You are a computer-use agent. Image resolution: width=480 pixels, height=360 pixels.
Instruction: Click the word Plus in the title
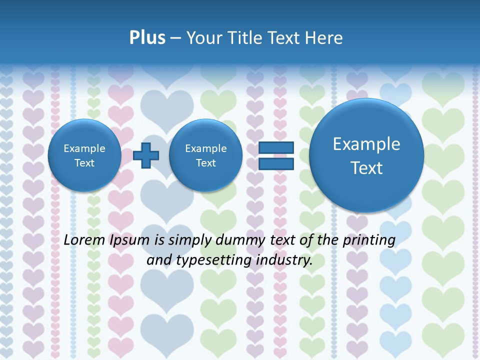pyautogui.click(x=147, y=37)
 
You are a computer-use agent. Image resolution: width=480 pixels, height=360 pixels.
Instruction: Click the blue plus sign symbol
pyautogui.click(x=146, y=155)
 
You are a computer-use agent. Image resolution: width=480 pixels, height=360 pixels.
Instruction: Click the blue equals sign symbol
pyautogui.click(x=276, y=155)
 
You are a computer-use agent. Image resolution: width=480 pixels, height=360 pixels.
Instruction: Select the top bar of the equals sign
pyautogui.click(x=276, y=148)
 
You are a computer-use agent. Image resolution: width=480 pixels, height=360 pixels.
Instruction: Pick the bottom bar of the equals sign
pyautogui.click(x=276, y=163)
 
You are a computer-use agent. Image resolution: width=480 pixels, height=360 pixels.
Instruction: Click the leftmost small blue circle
pyautogui.click(x=84, y=155)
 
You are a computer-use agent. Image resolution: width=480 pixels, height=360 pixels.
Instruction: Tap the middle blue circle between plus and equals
pyautogui.click(x=205, y=155)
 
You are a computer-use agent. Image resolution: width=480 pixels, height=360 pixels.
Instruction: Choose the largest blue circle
pyautogui.click(x=366, y=155)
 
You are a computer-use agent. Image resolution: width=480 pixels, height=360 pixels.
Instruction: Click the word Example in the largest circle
pyautogui.click(x=366, y=144)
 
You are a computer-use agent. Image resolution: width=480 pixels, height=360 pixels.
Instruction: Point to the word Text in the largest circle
pyautogui.click(x=366, y=168)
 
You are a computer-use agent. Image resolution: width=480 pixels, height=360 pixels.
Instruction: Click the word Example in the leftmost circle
pyautogui.click(x=84, y=148)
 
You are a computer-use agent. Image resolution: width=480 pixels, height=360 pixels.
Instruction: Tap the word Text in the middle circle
pyautogui.click(x=205, y=163)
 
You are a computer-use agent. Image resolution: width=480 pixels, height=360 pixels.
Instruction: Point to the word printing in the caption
pyautogui.click(x=368, y=240)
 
